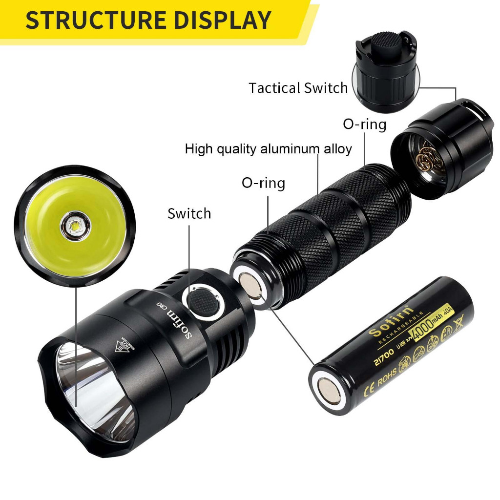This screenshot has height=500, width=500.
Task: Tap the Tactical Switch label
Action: [298, 88]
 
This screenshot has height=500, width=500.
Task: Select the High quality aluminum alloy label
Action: [268, 149]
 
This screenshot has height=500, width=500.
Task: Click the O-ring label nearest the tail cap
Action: [364, 124]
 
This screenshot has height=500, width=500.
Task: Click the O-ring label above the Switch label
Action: [263, 183]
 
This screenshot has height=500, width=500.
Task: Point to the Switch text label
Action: [189, 213]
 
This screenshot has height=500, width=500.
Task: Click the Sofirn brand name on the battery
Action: [390, 322]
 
